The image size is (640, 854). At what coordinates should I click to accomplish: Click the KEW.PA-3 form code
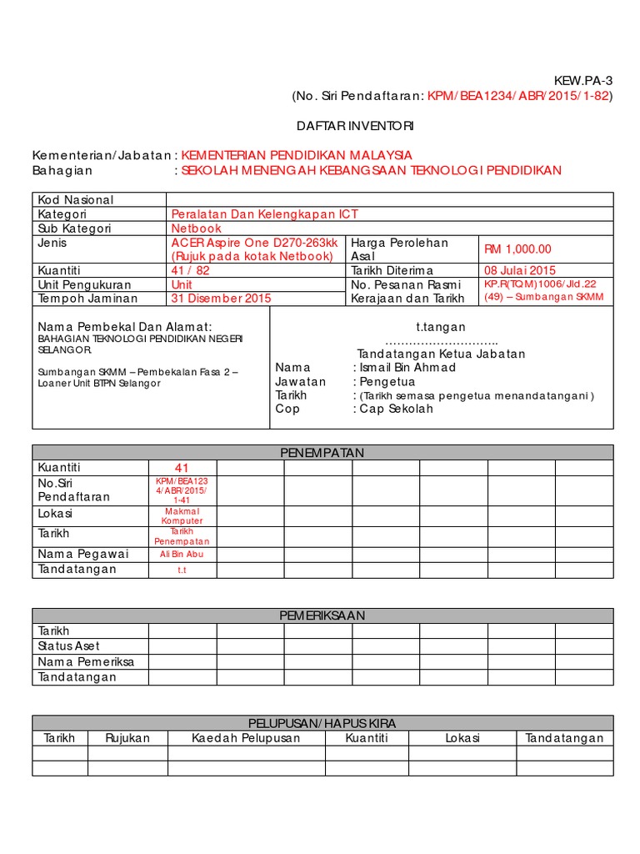click(583, 80)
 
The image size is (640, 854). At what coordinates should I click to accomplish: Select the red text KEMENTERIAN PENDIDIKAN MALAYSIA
click(297, 155)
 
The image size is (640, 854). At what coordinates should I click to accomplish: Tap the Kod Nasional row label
click(76, 200)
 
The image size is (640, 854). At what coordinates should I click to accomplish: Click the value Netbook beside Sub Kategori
click(197, 228)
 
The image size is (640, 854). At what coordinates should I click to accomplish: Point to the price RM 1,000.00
click(517, 249)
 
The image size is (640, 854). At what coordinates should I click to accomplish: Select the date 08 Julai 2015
click(520, 270)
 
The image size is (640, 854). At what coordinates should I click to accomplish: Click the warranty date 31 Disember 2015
click(221, 298)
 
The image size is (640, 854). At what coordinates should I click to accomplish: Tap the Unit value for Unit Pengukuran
click(182, 284)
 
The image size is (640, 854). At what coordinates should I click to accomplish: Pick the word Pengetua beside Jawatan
click(387, 381)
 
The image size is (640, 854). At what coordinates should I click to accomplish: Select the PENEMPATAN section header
click(323, 452)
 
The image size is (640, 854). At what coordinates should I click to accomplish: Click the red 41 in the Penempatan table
click(182, 468)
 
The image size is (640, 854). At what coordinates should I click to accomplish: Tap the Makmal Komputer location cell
click(182, 515)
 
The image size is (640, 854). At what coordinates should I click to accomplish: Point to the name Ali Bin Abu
click(182, 554)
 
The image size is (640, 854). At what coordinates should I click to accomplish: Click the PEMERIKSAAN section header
click(323, 615)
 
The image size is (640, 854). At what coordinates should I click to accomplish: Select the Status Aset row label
click(69, 646)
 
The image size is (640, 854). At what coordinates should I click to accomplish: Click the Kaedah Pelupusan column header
click(246, 738)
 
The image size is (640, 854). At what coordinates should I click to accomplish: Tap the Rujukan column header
click(127, 738)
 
